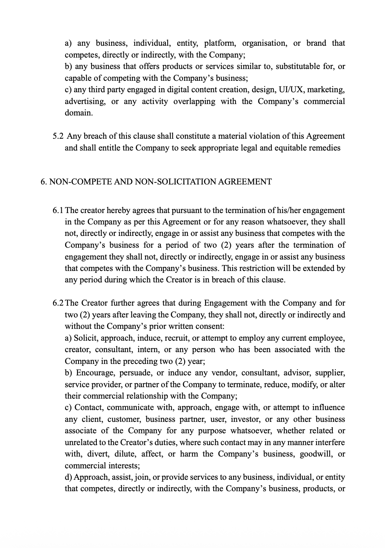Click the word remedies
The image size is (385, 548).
[x=323, y=148]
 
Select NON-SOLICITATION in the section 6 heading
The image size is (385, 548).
[x=175, y=182]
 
